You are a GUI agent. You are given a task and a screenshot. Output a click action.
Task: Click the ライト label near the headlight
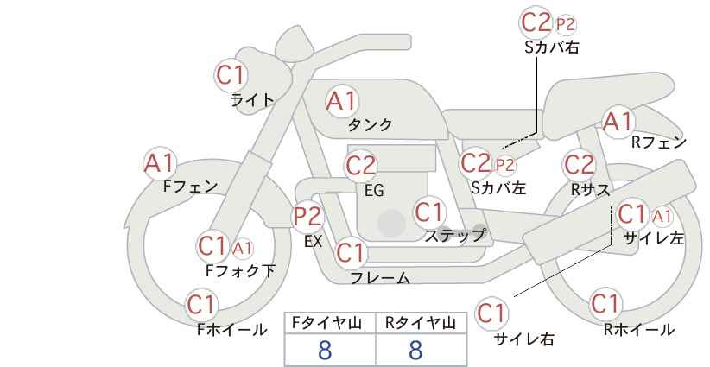click(x=252, y=100)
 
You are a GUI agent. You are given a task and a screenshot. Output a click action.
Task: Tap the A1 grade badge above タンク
click(x=342, y=101)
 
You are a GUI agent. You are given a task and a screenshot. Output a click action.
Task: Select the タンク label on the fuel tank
click(x=370, y=125)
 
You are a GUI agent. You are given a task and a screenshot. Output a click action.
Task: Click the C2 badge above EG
click(x=360, y=165)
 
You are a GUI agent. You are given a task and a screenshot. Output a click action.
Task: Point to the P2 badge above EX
click(x=308, y=217)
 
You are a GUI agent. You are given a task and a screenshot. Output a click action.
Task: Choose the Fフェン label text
click(x=190, y=187)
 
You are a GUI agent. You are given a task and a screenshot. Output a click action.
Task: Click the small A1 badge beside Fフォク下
click(x=242, y=248)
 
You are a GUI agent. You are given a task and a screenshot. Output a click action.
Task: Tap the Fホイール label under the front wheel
click(x=231, y=330)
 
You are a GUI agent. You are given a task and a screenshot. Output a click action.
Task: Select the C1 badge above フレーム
click(x=351, y=252)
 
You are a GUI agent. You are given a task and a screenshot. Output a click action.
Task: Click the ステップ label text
click(x=454, y=236)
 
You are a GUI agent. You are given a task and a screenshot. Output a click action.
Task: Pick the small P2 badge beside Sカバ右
click(x=566, y=24)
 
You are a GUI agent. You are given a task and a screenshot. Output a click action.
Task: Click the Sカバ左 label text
click(x=498, y=187)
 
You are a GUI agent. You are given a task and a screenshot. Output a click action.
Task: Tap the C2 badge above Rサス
click(x=579, y=164)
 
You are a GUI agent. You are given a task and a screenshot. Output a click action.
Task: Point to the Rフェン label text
click(x=659, y=142)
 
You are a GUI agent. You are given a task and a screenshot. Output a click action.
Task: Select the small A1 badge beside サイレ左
click(x=662, y=217)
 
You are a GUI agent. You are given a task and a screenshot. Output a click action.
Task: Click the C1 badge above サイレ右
click(x=491, y=313)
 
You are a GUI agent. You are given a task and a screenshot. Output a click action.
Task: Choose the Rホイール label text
click(x=639, y=330)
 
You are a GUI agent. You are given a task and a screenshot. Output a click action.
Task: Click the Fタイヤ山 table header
click(x=330, y=323)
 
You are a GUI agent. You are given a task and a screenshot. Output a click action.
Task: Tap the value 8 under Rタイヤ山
click(x=415, y=350)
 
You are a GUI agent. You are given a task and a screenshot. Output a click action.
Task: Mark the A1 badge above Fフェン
click(x=160, y=163)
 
